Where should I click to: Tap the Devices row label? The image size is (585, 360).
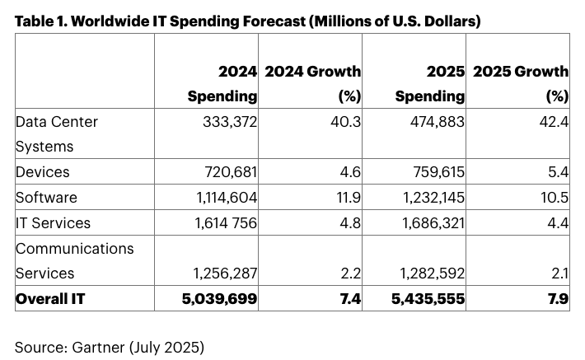[43, 172]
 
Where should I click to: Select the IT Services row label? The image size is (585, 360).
[53, 222]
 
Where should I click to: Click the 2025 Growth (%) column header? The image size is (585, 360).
[520, 84]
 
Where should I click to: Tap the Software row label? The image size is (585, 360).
[46, 198]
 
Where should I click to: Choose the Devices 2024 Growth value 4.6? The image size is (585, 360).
[349, 172]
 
